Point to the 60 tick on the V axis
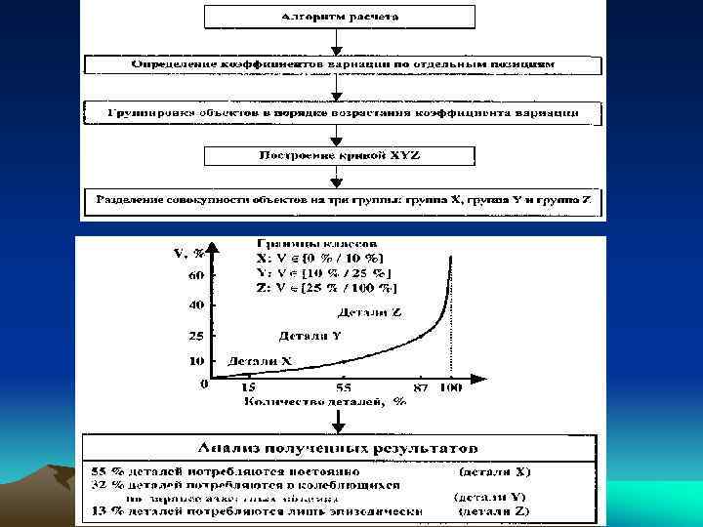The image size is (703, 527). pyautogui.click(x=196, y=276)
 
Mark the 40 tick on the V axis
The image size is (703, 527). pyautogui.click(x=196, y=305)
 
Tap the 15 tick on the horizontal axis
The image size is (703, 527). pyautogui.click(x=249, y=386)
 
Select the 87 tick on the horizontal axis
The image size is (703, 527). pyautogui.click(x=421, y=387)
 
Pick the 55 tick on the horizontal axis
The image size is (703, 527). pyautogui.click(x=344, y=386)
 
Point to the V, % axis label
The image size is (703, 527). pyautogui.click(x=188, y=253)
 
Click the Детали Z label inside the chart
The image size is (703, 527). pyautogui.click(x=370, y=312)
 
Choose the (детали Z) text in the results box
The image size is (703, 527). pyautogui.click(x=494, y=510)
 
